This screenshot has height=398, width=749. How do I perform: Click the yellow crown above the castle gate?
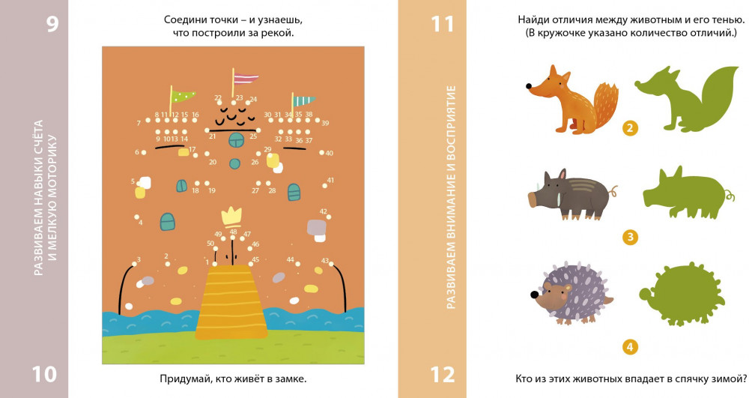coord(231,217)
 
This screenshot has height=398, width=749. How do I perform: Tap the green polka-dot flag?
coord(184,96)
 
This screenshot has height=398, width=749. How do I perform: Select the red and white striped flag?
coord(246,79)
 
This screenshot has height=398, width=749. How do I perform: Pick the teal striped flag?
coord(304,101)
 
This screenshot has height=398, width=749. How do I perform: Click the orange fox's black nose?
coord(530,86)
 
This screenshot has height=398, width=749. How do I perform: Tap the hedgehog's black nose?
coord(534,295)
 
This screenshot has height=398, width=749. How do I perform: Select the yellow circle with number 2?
coord(630,128)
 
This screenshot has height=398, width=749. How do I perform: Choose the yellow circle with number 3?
coord(630,237)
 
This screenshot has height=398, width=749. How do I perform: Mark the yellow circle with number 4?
coord(630,346)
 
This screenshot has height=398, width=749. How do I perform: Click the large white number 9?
coord(52,23)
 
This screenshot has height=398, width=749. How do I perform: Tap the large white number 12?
coord(443,375)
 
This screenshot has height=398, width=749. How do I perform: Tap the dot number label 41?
coord(330,181)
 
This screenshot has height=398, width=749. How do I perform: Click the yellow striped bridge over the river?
coord(231,302)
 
